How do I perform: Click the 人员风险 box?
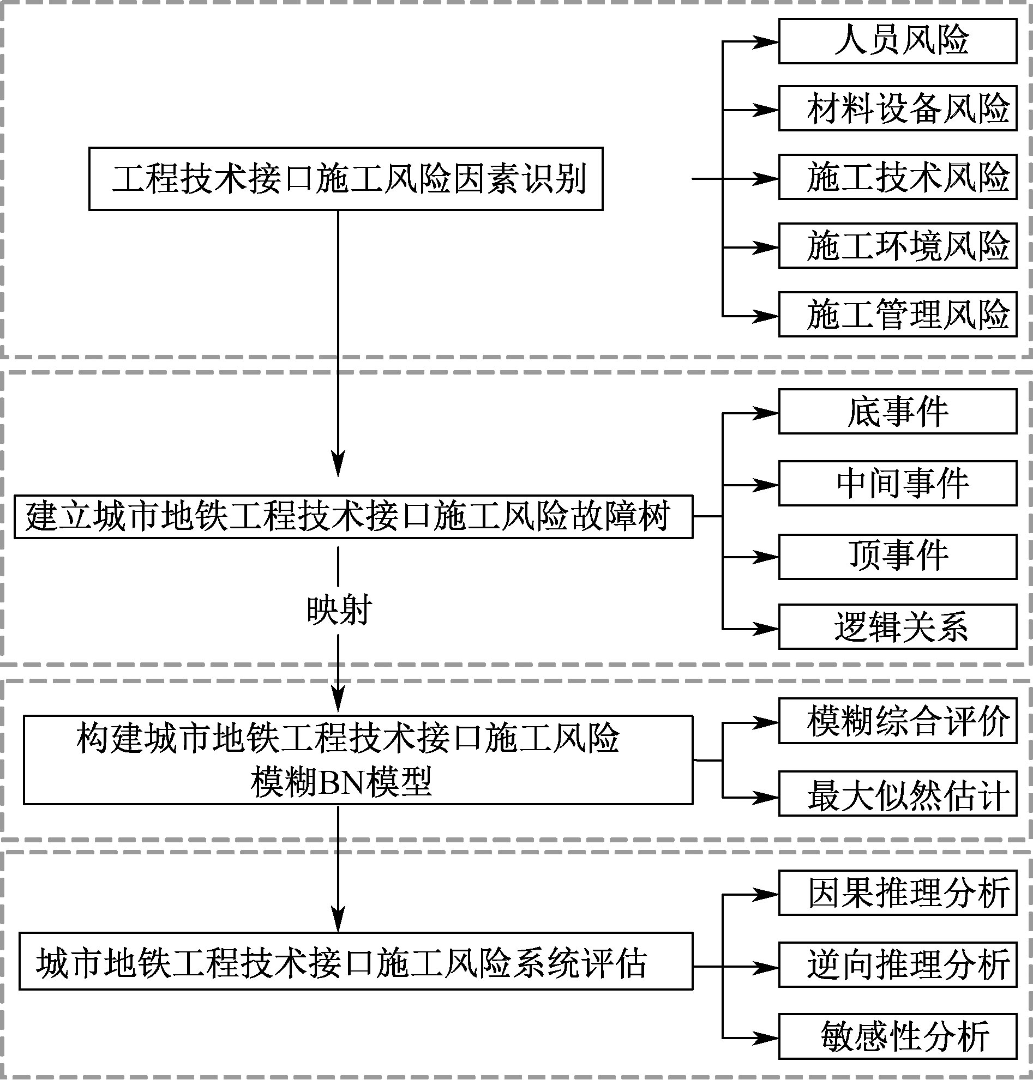click(x=897, y=41)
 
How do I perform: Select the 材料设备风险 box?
click(x=897, y=108)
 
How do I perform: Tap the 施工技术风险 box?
click(x=897, y=177)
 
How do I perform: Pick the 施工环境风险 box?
click(x=897, y=246)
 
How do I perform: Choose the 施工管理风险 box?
click(x=897, y=315)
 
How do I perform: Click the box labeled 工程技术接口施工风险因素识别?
click(x=346, y=179)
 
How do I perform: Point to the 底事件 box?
click(x=897, y=412)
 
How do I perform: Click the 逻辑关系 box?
click(x=897, y=627)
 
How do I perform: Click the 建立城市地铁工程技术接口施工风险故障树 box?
click(x=353, y=516)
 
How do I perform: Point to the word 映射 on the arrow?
click(x=339, y=610)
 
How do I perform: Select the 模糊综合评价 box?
click(x=897, y=722)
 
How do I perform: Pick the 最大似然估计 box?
click(x=897, y=794)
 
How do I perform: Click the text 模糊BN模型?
click(x=341, y=782)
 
